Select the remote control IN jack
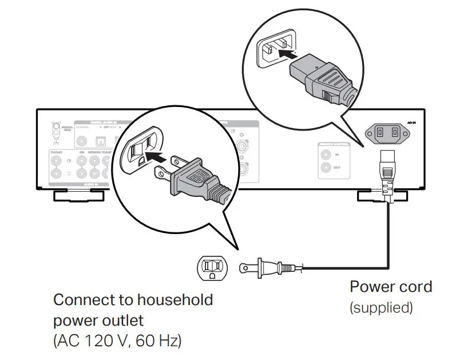[326, 155]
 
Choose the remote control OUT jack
[326, 168]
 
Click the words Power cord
[391, 286]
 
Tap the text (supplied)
[381, 307]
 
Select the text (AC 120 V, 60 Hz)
[117, 341]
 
